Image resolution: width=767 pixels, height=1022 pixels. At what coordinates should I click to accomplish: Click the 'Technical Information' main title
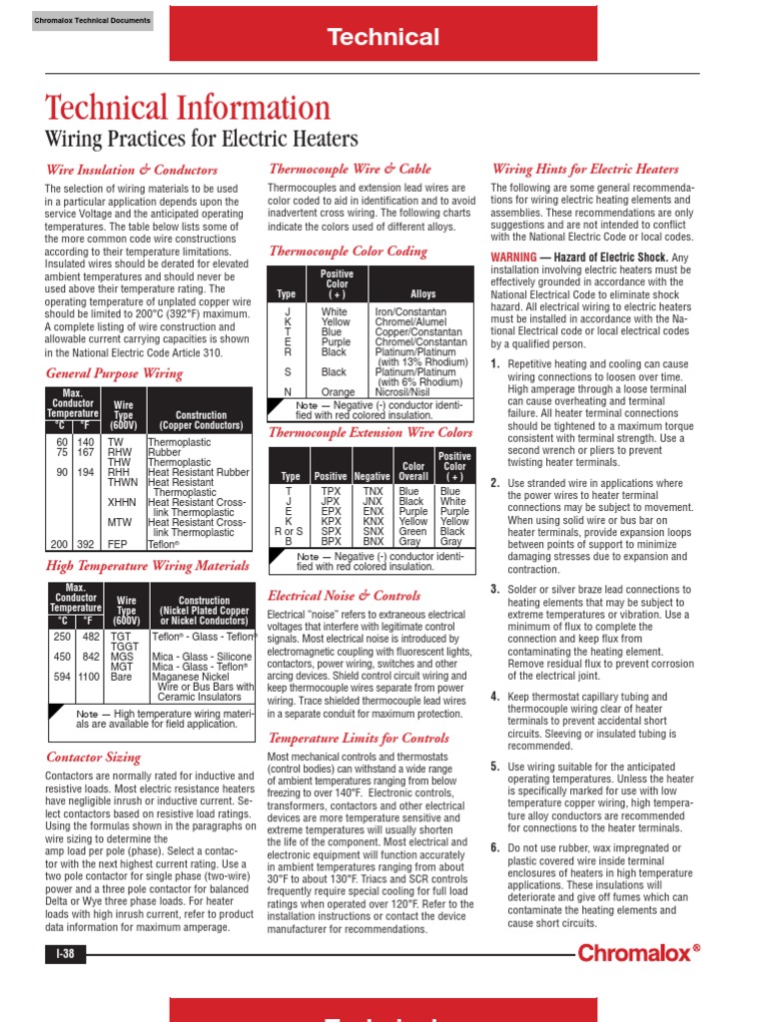188,109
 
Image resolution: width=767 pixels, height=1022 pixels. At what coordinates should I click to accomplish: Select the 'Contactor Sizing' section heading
94,758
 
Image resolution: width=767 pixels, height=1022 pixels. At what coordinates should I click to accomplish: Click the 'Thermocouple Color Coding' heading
348,251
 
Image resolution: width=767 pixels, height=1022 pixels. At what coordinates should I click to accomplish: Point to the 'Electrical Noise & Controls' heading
344,596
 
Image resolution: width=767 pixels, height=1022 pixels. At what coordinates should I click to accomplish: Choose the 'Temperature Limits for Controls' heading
359,738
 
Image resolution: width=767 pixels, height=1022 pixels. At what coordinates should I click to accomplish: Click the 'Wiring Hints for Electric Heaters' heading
584,170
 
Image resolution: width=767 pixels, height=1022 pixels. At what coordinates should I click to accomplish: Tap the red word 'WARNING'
514,257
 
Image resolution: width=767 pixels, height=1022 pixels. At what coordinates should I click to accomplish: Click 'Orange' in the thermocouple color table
338,392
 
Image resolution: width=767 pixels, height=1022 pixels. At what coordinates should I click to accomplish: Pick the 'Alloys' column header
422,294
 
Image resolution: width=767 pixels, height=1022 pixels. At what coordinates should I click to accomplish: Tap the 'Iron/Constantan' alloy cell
411,312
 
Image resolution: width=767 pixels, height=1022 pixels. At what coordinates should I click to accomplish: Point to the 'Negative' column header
372,476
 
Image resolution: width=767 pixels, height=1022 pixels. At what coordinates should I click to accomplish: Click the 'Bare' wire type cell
120,677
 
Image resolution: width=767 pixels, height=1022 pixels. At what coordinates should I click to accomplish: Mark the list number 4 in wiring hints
494,696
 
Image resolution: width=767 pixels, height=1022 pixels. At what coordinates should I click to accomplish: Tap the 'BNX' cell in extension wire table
373,541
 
